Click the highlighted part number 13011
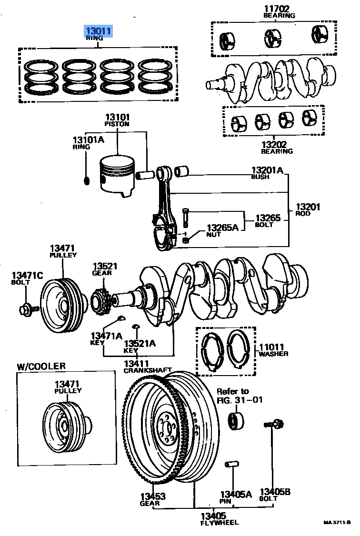tap(99, 31)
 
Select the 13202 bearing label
tap(277, 144)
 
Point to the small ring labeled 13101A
tap(87, 180)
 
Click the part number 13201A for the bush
tap(267, 170)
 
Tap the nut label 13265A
tap(222, 228)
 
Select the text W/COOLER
tap(41, 366)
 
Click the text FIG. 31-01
tap(240, 399)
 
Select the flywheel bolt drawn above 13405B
tap(274, 423)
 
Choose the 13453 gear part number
tap(152, 496)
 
